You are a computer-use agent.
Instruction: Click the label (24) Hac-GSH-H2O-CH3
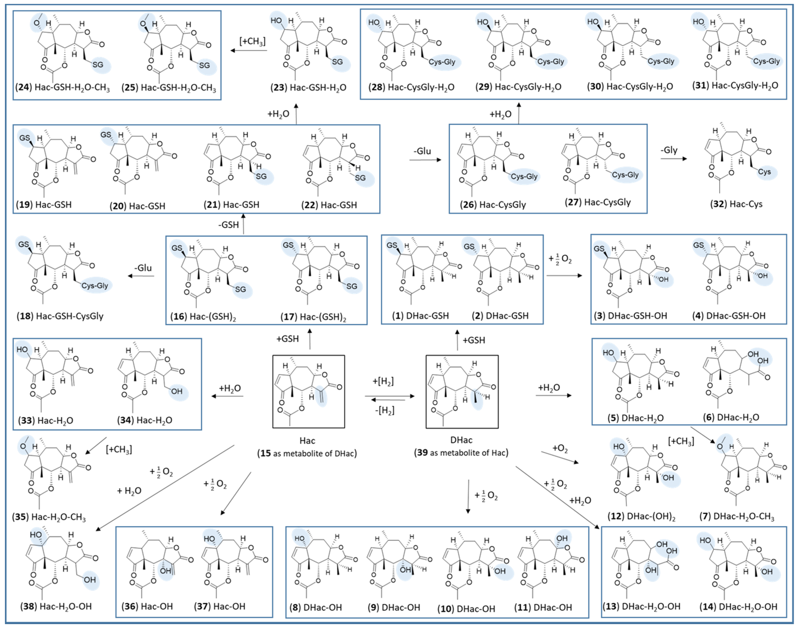pos(63,88)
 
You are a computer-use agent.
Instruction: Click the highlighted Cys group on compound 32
pos(764,172)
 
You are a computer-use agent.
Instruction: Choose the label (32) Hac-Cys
pos(736,204)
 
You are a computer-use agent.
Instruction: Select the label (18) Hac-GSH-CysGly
pos(60,316)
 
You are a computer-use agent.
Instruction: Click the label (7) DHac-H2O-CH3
pos(736,516)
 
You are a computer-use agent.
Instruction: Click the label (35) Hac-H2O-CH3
pos(49,517)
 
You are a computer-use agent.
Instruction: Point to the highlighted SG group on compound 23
pos(337,62)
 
